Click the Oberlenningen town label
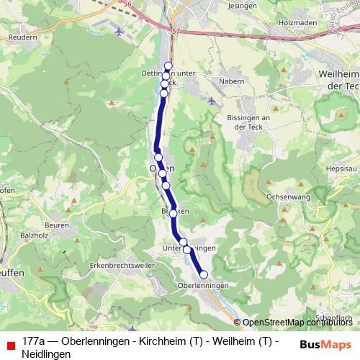[x=202, y=286]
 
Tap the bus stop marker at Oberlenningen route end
[x=204, y=274]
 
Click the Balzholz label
[x=34, y=235]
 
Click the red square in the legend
[x=9, y=344]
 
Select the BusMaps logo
[x=325, y=343]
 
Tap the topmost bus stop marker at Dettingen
[x=168, y=66]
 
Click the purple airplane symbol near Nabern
[x=211, y=101]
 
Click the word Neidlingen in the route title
[x=47, y=354]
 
